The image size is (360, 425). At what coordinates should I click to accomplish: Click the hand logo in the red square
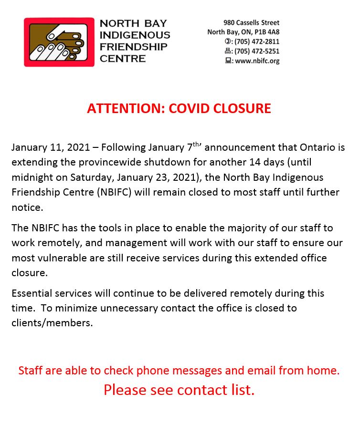click(x=59, y=42)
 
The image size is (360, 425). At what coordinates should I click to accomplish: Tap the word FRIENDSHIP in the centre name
click(x=133, y=47)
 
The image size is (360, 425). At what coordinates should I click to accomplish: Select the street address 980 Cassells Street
click(x=251, y=22)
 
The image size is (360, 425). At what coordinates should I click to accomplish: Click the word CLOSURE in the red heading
click(x=243, y=108)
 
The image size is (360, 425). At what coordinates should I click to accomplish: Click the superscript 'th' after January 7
click(x=197, y=144)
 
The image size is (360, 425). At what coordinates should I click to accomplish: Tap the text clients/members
click(x=52, y=322)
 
